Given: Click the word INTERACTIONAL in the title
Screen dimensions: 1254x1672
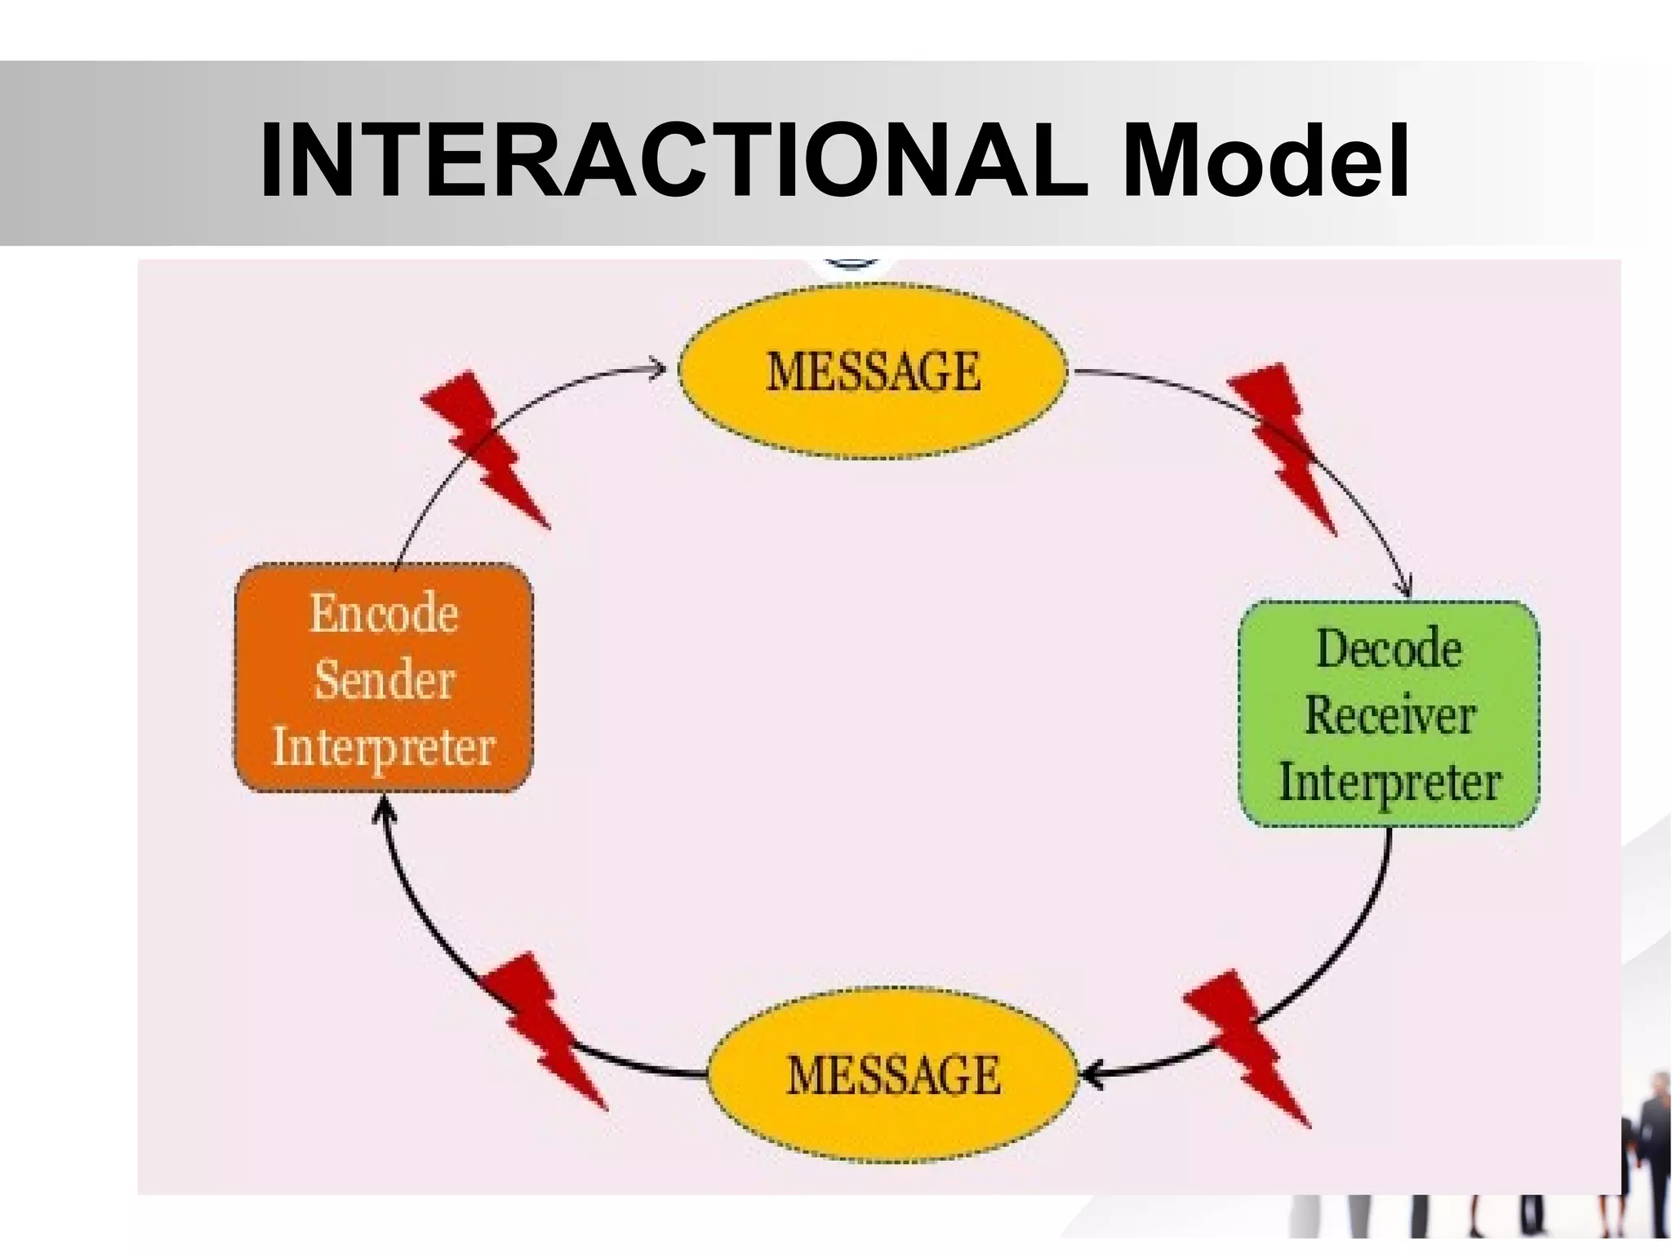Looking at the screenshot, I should pos(674,161).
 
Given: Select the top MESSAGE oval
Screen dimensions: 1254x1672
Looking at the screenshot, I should pos(873,371).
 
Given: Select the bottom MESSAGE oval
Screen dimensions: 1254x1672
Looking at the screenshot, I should pos(892,1074).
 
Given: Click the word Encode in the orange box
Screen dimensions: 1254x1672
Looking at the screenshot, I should pos(383,613).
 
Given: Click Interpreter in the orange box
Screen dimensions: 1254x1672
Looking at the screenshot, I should pos(383,746).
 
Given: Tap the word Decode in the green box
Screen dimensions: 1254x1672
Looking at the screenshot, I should pos(1389,649).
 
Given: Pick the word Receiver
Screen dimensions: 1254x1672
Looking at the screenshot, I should pos(1390,715).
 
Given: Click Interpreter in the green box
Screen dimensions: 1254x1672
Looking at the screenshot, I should pos(1390,782).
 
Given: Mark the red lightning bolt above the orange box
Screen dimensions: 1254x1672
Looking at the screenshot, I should pos(483,447).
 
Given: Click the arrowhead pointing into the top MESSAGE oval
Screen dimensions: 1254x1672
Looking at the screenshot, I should pos(658,369).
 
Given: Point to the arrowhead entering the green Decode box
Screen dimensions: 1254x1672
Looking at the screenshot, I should pos(1406,589).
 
